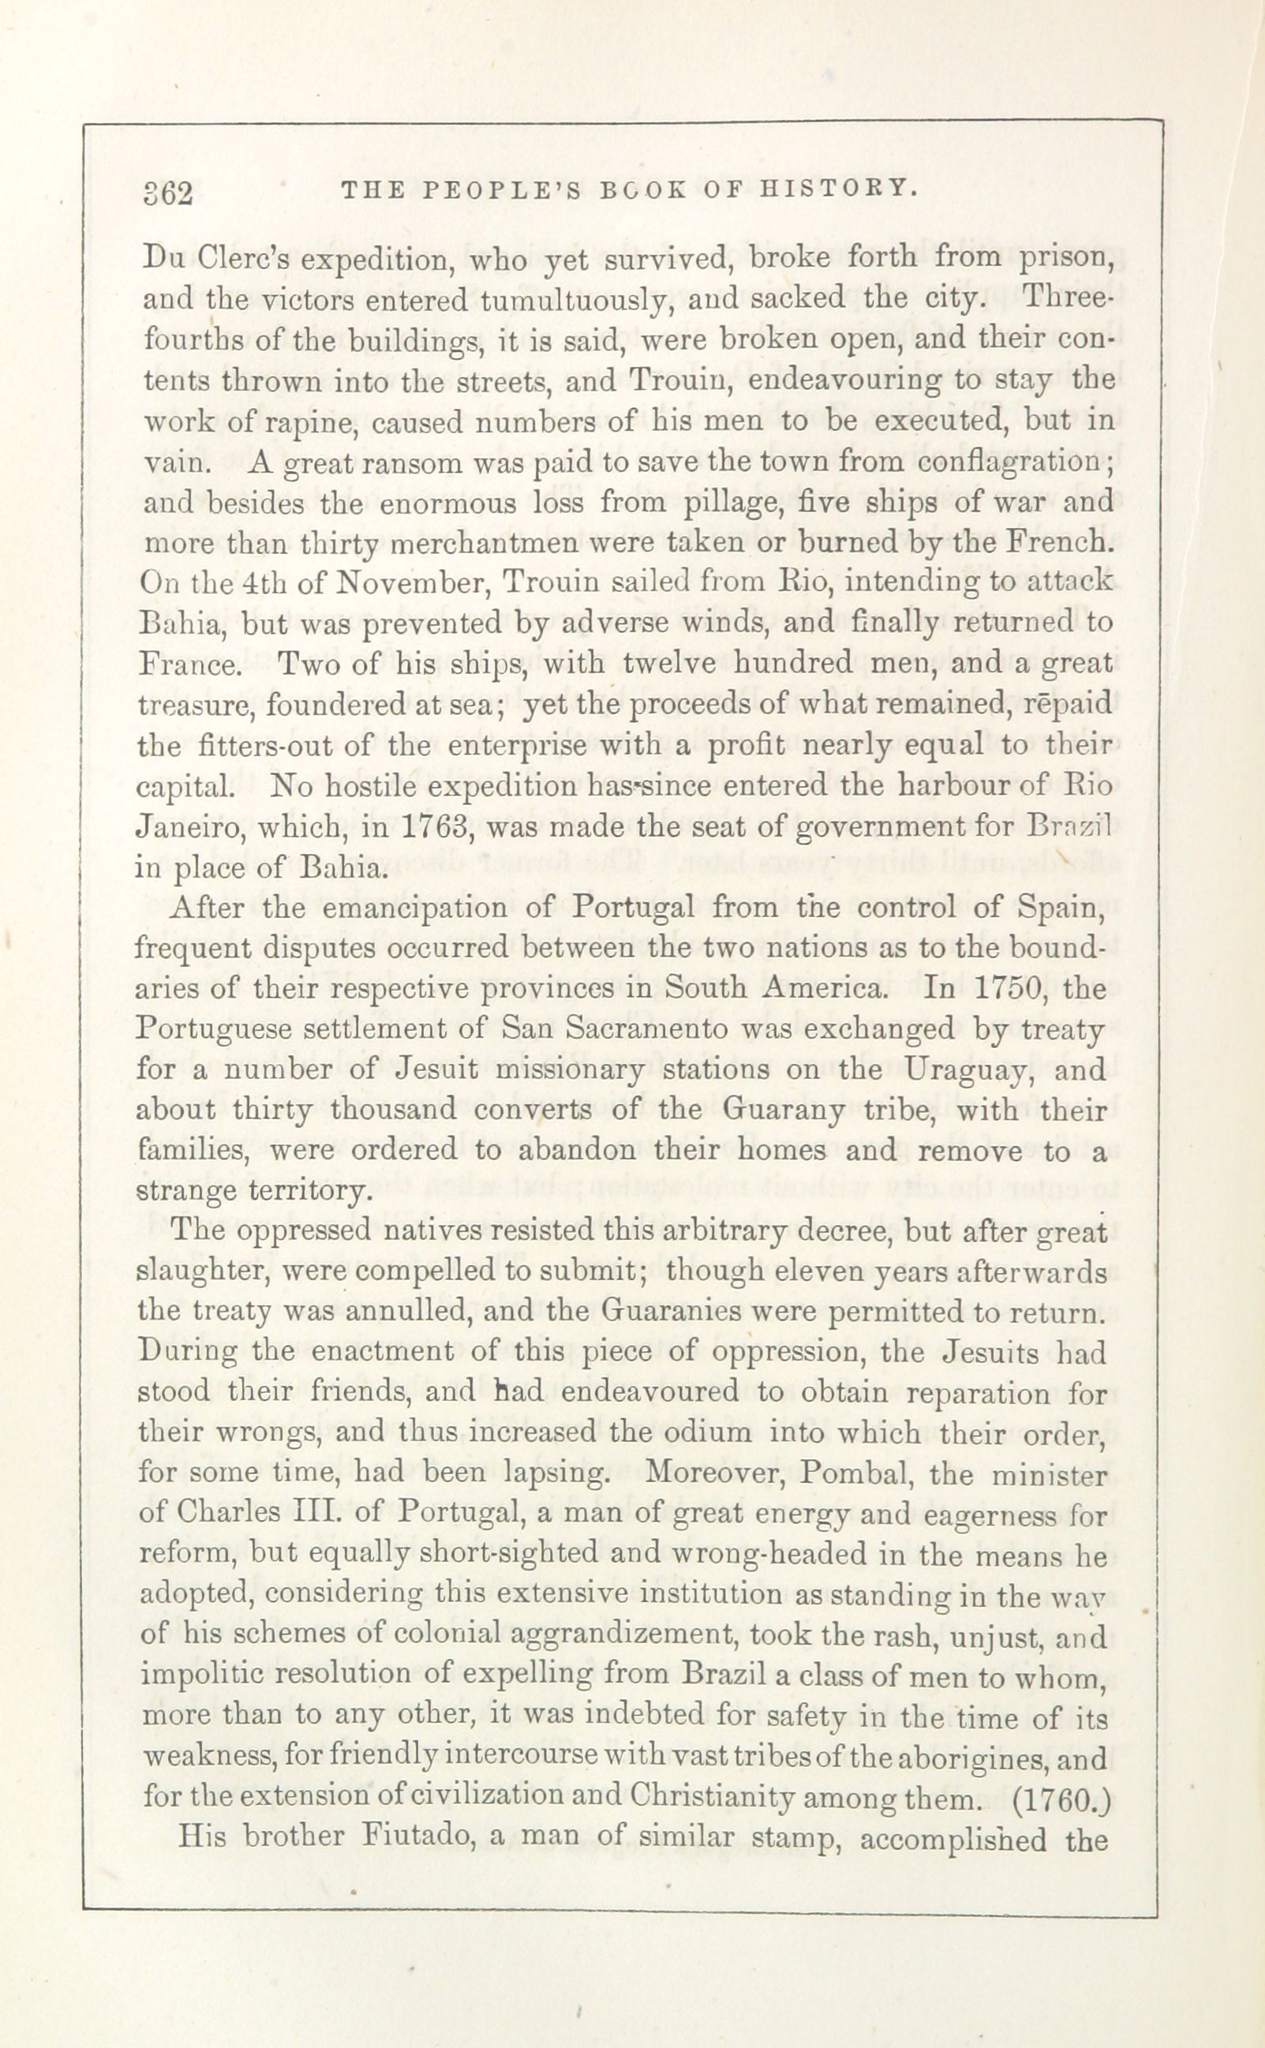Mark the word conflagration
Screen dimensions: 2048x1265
(1019, 462)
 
